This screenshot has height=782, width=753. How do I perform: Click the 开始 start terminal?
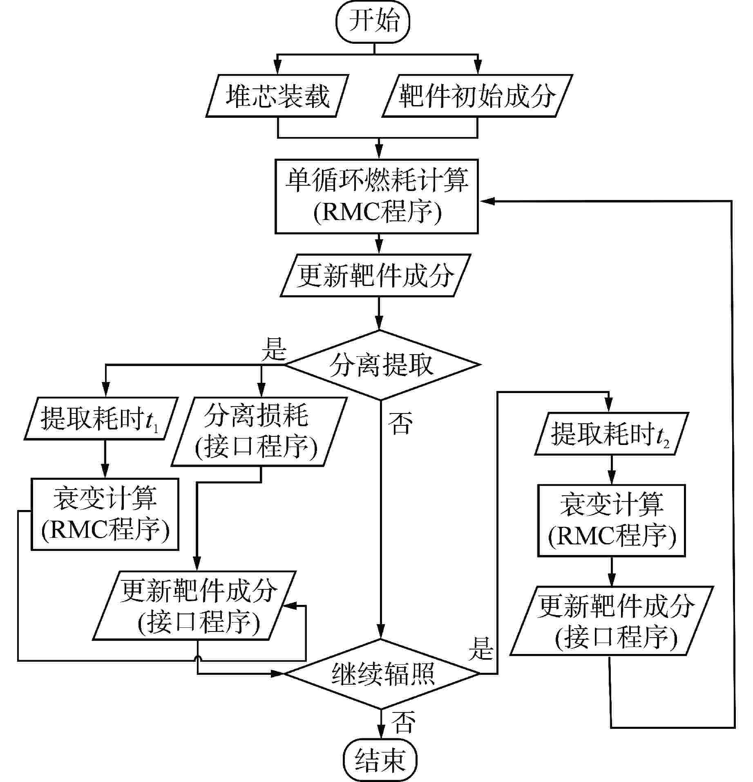click(373, 22)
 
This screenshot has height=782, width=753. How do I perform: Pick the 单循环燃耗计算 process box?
click(376, 197)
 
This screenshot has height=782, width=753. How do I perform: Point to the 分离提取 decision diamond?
click(381, 365)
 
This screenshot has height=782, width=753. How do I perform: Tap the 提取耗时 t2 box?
click(612, 434)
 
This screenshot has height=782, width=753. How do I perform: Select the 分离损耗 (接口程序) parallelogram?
click(259, 432)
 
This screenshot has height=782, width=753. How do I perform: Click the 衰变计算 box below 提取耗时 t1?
click(105, 515)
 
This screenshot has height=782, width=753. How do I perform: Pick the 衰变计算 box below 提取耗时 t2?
click(611, 521)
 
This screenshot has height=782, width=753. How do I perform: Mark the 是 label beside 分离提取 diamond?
click(274, 349)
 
